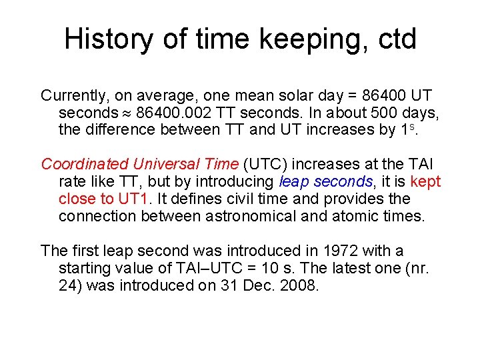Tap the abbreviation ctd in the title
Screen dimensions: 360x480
pos(394,40)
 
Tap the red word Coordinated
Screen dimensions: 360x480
pos(84,164)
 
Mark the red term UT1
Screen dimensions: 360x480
pos(139,199)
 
